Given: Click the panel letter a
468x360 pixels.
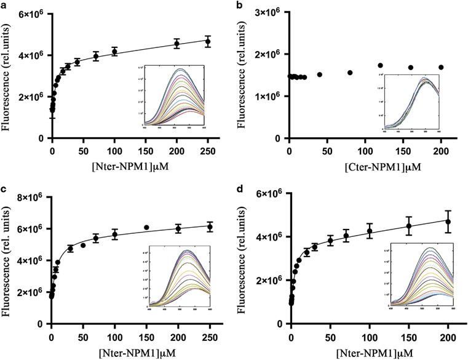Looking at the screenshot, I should tap(4, 4).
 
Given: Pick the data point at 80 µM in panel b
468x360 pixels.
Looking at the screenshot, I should tap(350, 73).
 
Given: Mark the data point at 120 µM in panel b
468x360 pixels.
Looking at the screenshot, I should tap(381, 65).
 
